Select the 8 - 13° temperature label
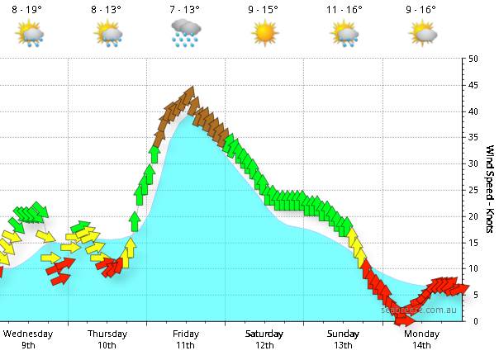tap(106, 10)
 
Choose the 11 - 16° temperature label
tap(344, 10)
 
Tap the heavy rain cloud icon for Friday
tap(186, 33)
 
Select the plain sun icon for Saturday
tap(264, 33)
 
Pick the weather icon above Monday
tap(423, 33)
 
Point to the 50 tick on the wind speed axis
tap(473, 59)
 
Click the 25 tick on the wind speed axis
tap(473, 190)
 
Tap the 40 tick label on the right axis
tap(473, 111)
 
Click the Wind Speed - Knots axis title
tap(490, 189)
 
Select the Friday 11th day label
tap(186, 339)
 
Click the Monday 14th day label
tap(422, 339)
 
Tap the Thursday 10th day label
tap(107, 339)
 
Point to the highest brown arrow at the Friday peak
tap(191, 93)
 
